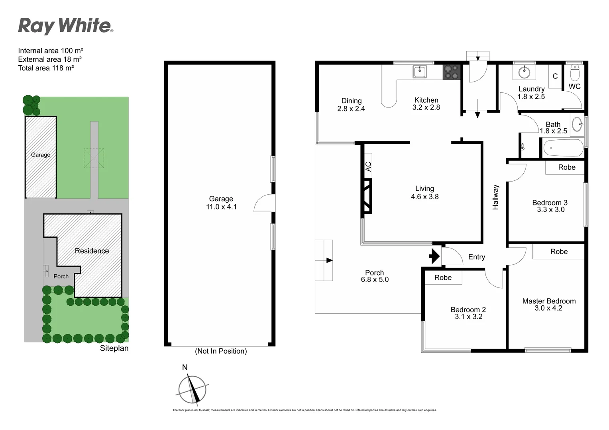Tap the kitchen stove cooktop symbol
pyautogui.click(x=451, y=72)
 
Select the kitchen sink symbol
pyautogui.click(x=419, y=72)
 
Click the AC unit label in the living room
pyautogui.click(x=368, y=166)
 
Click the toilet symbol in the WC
pyautogui.click(x=575, y=73)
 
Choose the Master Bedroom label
pyautogui.click(x=549, y=301)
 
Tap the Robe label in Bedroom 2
pyautogui.click(x=443, y=278)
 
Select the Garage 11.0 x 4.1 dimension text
pyautogui.click(x=221, y=207)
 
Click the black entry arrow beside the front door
pyautogui.click(x=434, y=256)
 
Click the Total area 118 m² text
pyautogui.click(x=46, y=68)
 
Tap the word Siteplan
pyautogui.click(x=114, y=348)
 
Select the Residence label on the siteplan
pyautogui.click(x=92, y=251)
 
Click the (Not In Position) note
pyautogui.click(x=221, y=351)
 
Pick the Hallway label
pyautogui.click(x=495, y=197)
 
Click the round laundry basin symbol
pyautogui.click(x=524, y=73)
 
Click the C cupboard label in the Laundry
pyautogui.click(x=555, y=76)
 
